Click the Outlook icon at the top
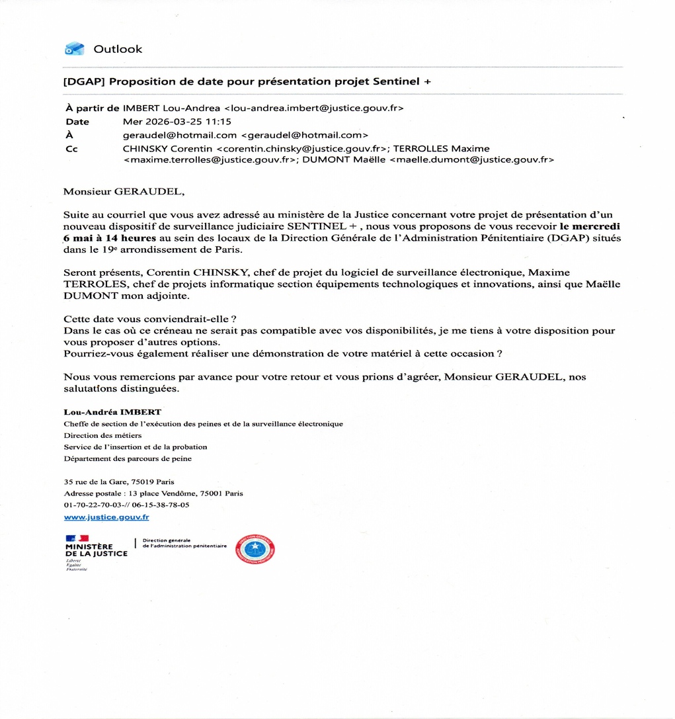click(x=74, y=49)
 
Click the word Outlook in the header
click(x=118, y=49)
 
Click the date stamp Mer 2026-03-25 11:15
click(x=177, y=122)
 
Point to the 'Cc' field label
click(x=71, y=149)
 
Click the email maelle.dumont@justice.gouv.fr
click(x=471, y=159)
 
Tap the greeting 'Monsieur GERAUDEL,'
click(x=124, y=192)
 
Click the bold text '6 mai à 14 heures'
click(x=110, y=237)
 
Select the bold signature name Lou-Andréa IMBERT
click(x=112, y=412)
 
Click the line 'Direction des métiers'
click(x=102, y=435)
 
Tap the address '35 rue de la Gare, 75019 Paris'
click(x=119, y=482)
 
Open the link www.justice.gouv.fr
click(x=106, y=517)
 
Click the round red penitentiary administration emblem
click(x=255, y=549)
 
